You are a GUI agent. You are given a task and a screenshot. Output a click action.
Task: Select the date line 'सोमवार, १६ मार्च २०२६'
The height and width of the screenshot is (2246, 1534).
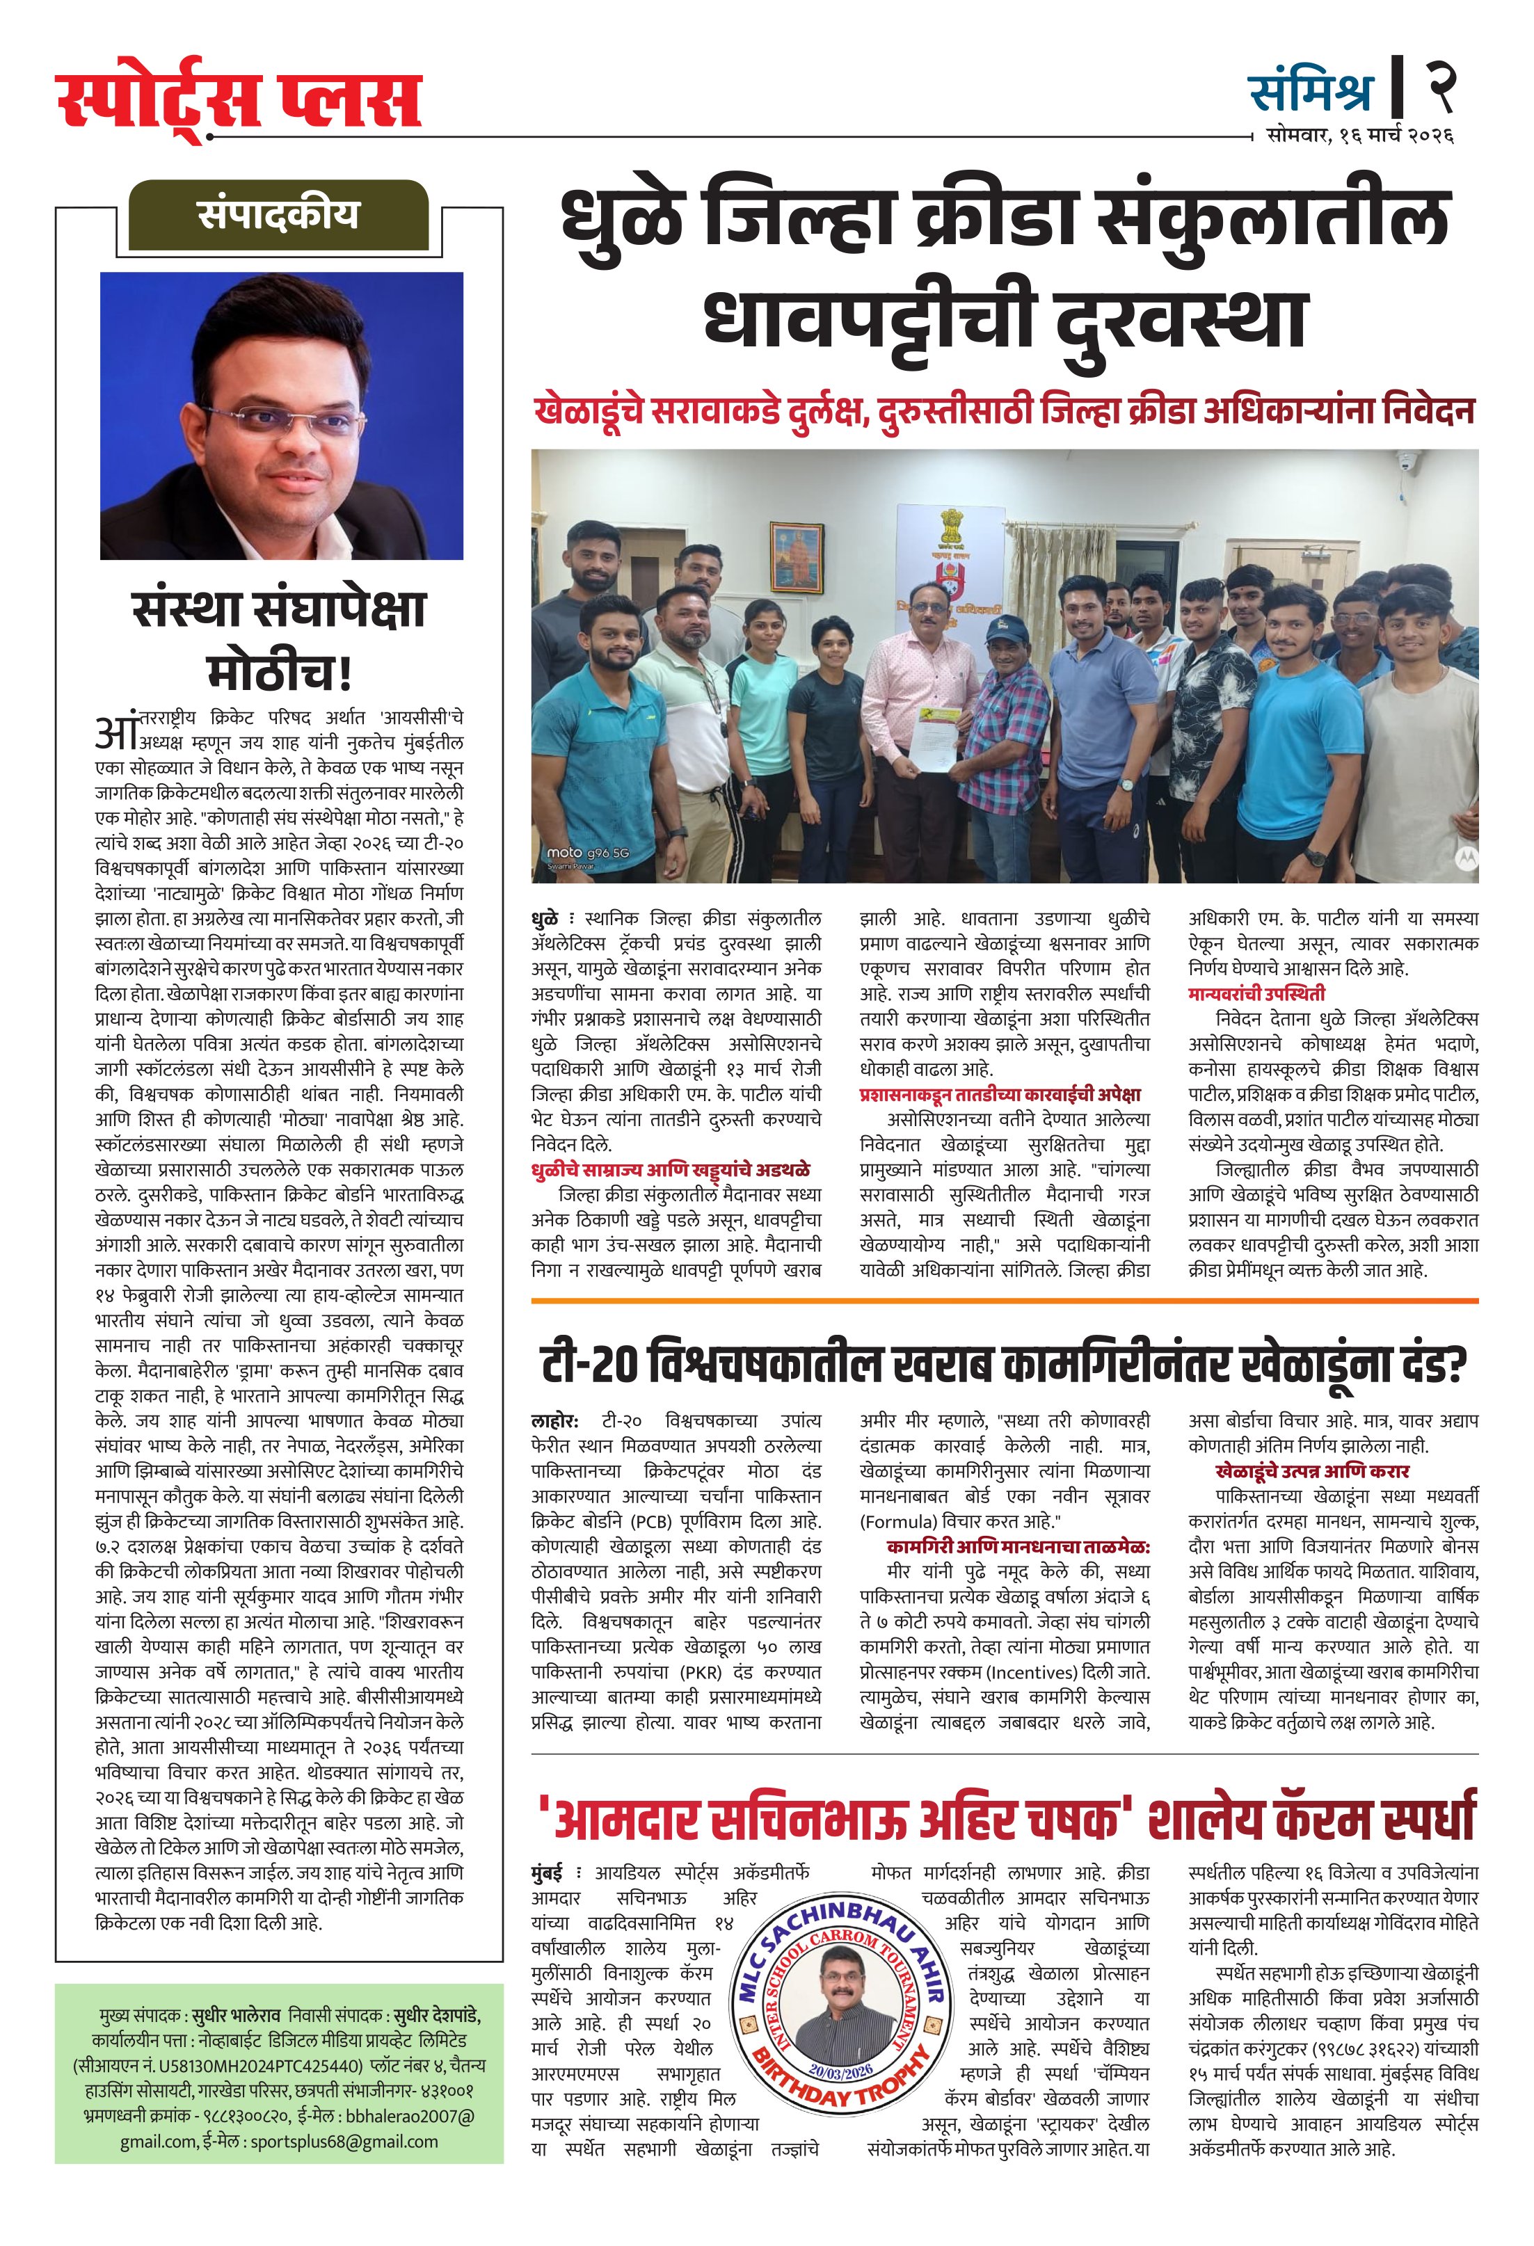point(1360,136)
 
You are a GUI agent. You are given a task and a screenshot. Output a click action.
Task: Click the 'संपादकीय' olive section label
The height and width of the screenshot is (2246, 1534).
point(278,214)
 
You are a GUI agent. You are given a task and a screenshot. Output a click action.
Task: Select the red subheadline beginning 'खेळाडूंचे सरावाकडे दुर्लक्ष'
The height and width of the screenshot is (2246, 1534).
point(1005,411)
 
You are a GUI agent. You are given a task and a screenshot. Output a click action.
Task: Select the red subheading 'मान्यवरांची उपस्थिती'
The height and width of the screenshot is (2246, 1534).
point(1256,993)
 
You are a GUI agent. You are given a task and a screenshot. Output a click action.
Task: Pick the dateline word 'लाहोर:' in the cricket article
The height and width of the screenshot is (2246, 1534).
point(556,1422)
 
